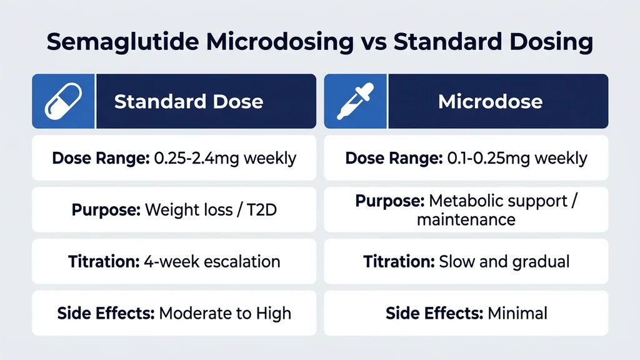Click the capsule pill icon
62,101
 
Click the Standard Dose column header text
188,102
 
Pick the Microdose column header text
490,102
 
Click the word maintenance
466,219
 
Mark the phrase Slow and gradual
504,261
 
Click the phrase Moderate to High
225,312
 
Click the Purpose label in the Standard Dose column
106,209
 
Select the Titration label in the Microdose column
399,261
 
